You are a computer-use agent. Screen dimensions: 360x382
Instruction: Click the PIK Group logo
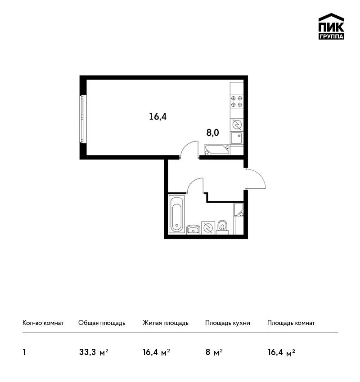click(331, 27)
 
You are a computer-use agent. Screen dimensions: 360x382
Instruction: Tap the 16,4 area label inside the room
click(158, 117)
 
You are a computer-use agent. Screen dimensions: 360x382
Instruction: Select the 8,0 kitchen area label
click(213, 133)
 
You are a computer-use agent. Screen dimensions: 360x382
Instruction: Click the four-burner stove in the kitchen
click(237, 102)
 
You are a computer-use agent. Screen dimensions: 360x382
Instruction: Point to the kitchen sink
click(237, 138)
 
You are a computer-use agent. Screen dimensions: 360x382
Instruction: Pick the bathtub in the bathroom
click(176, 214)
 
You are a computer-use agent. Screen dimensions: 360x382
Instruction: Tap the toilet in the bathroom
click(222, 227)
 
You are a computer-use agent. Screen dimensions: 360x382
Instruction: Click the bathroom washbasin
click(193, 230)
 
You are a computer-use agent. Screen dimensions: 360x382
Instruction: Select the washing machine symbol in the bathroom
click(208, 228)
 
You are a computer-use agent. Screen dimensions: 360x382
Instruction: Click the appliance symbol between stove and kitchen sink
click(237, 125)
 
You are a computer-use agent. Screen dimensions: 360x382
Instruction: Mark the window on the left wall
click(83, 119)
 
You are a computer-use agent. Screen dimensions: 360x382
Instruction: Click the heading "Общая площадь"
click(102, 323)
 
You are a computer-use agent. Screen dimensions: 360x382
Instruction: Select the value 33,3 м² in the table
click(94, 352)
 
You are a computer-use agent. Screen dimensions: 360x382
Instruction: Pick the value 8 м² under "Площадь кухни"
click(214, 352)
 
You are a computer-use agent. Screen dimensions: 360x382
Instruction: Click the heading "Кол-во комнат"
click(43, 323)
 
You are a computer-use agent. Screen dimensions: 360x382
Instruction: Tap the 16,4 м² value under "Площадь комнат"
click(281, 352)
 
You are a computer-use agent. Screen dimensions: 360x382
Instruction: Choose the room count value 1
click(24, 352)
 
